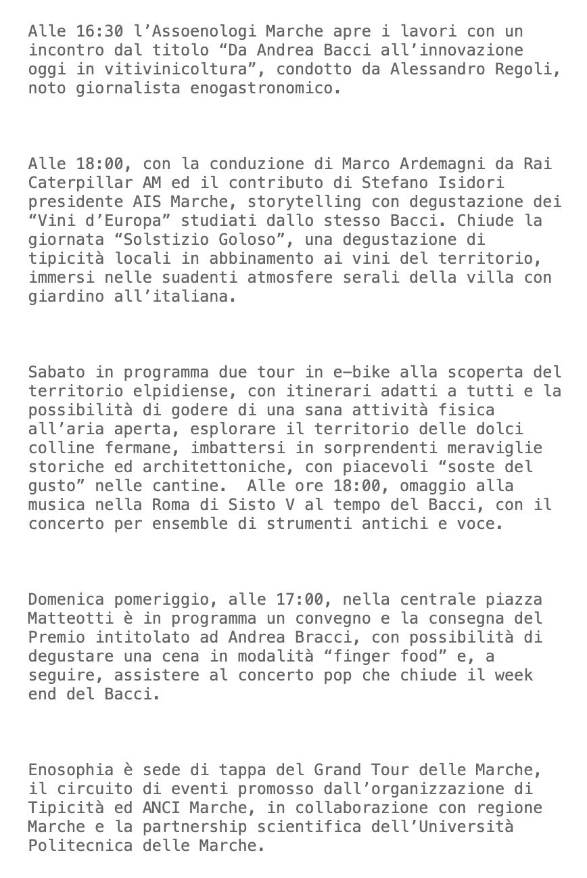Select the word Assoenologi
(204, 31)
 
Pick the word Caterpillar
(80, 183)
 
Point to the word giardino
(66, 296)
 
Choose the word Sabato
(57, 372)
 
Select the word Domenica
(66, 599)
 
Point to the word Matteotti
(71, 618)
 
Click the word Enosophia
(71, 770)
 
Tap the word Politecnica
(80, 846)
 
